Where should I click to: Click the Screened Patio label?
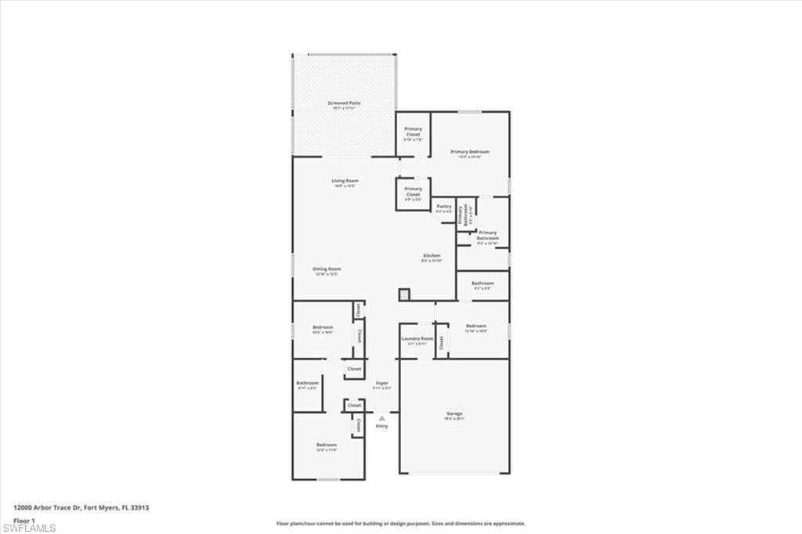pos(344,103)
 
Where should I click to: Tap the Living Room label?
pos(345,181)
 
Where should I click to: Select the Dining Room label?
pos(327,269)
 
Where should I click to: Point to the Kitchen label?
pos(432,255)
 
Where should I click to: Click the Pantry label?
pos(444,207)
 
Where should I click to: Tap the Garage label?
pos(455,413)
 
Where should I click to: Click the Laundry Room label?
pos(417,339)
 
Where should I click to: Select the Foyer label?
pos(382,383)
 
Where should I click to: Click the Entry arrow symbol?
pos(382,418)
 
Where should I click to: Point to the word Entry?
pos(382,426)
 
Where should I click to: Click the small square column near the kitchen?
pos(404,294)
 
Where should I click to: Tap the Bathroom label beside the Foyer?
pos(307,383)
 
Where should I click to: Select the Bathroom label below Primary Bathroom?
pos(482,283)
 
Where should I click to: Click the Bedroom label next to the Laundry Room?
pos(476,326)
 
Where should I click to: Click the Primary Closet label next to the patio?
pos(413,132)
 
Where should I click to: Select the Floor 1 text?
pos(24,520)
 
